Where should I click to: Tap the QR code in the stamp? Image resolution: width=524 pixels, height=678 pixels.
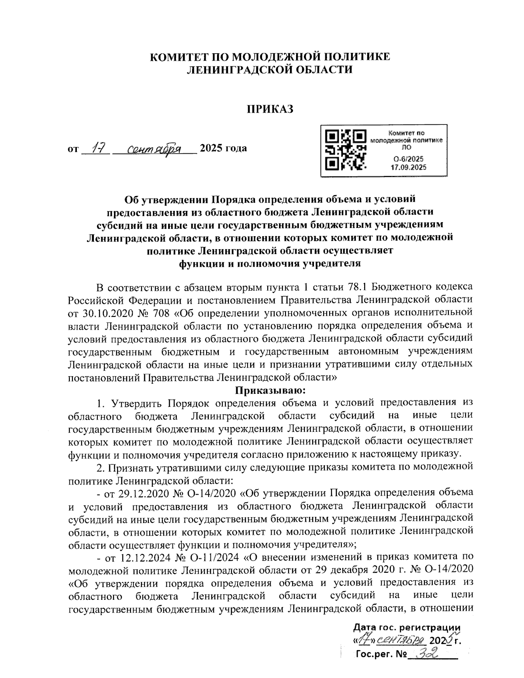pos(346,150)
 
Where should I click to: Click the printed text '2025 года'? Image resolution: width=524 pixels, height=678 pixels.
pos(223,148)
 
